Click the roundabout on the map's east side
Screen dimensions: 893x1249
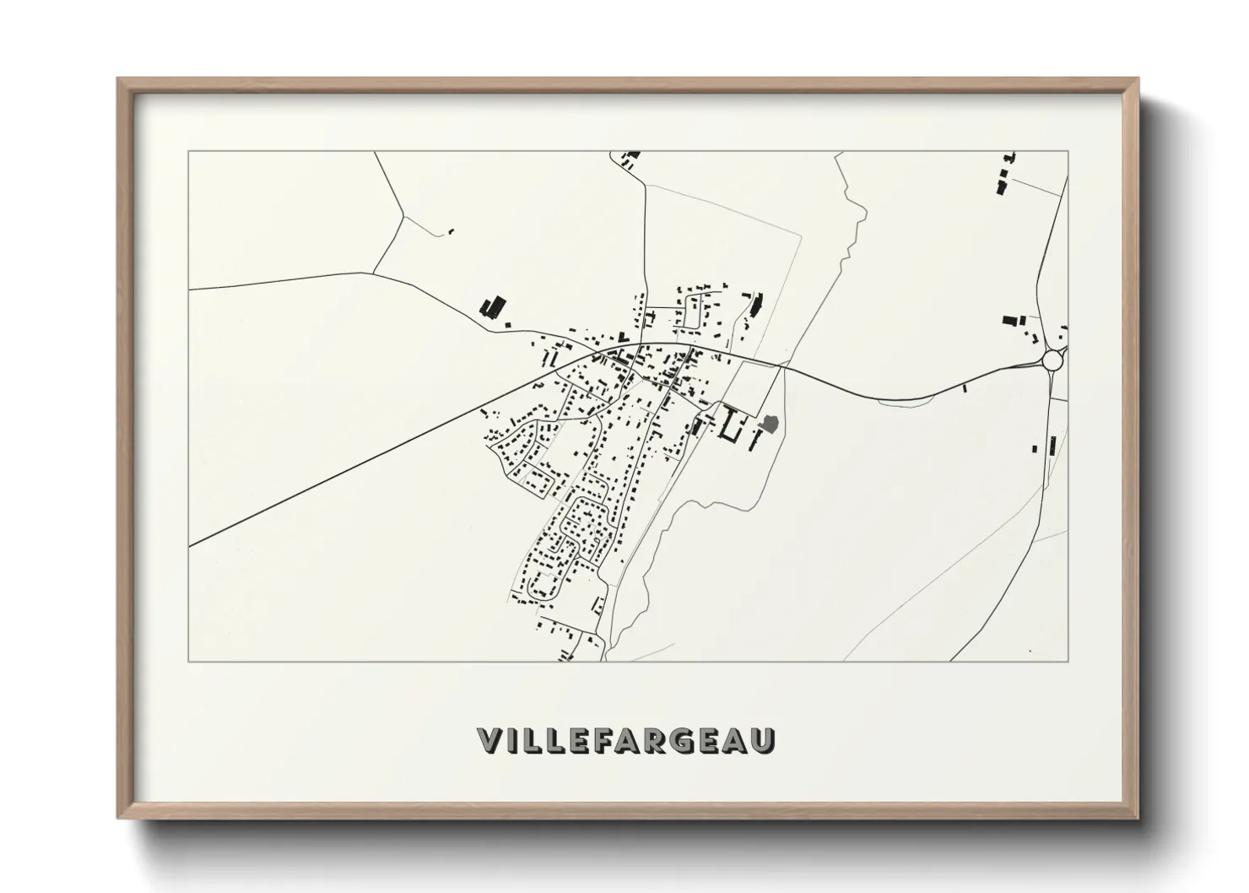[1052, 360]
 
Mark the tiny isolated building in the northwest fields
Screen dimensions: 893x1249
[451, 230]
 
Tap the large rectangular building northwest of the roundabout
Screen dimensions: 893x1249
[1009, 321]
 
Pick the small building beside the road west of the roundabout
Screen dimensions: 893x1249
[965, 388]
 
